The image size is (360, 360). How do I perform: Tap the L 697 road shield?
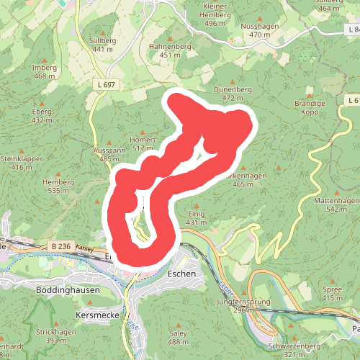click(104, 85)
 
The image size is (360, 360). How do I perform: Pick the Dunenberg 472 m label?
click(233, 93)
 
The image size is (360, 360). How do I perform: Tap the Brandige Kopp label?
click(310, 107)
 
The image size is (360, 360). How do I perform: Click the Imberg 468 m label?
click(45, 71)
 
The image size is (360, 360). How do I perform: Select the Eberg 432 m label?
click(42, 115)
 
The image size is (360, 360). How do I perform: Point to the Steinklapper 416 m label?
click(22, 163)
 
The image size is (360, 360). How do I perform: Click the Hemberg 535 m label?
click(58, 186)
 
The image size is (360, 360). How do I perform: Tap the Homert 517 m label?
click(143, 143)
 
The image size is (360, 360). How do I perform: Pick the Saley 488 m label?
click(178, 337)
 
